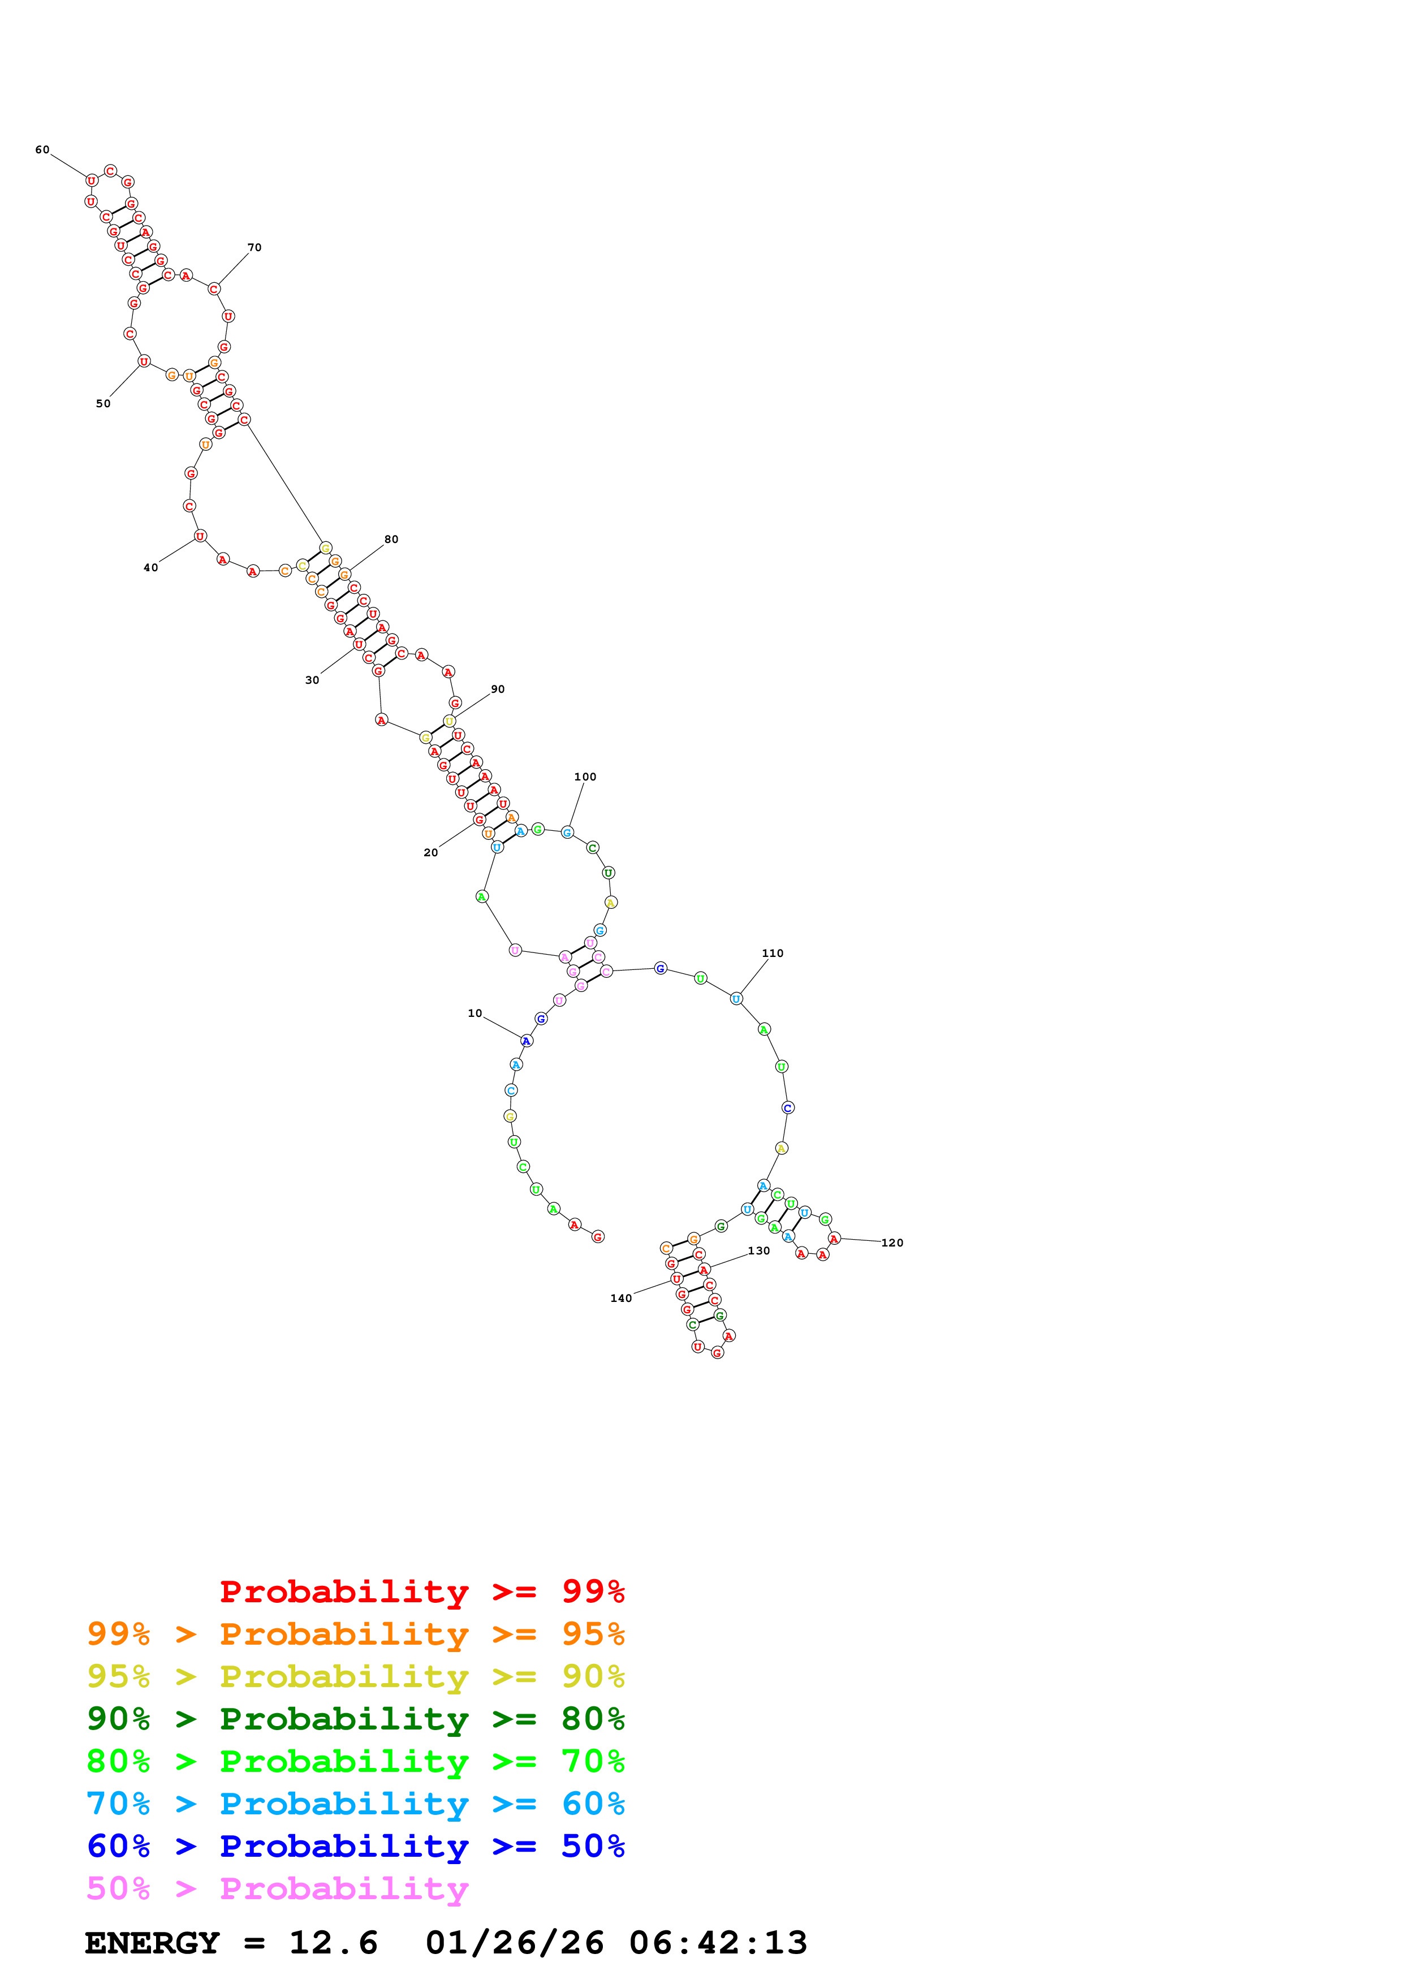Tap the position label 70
255,248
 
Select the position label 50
103,404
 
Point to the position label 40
151,568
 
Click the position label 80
391,539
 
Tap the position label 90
498,689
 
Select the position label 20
430,853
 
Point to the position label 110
773,953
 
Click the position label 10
474,1013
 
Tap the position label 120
892,1243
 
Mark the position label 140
620,1298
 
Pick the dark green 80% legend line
355,1719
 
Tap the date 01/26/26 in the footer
514,1943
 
